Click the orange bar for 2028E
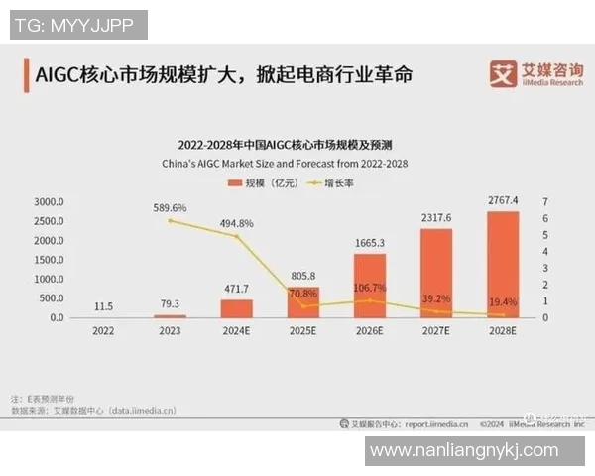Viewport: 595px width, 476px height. (x=503, y=264)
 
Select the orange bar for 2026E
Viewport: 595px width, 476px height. (x=369, y=286)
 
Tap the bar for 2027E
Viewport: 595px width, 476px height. (x=436, y=273)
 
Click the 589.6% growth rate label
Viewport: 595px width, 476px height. (x=170, y=208)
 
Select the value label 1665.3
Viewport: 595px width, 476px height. (x=369, y=243)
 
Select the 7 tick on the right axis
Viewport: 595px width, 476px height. (x=545, y=201)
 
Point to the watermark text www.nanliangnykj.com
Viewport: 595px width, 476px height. (x=474, y=451)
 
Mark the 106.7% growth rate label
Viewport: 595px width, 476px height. (x=369, y=288)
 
